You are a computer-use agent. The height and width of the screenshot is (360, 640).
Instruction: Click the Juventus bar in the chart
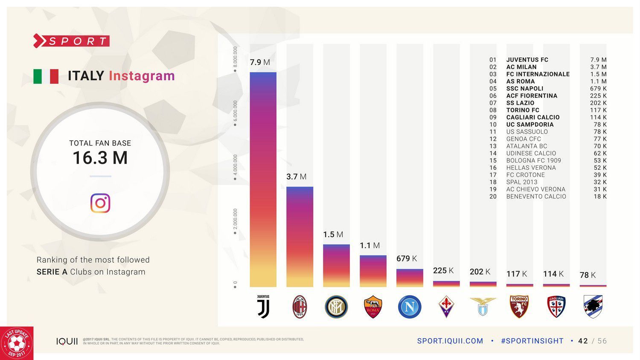click(263, 179)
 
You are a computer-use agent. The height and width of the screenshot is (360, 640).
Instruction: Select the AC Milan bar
click(300, 237)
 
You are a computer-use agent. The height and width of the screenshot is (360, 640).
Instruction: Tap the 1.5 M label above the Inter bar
click(333, 235)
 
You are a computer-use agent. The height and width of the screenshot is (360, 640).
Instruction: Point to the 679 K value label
click(406, 258)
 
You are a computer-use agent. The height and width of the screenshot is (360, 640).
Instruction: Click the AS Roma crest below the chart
click(373, 307)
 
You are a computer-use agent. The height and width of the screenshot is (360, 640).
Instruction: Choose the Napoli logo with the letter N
click(410, 307)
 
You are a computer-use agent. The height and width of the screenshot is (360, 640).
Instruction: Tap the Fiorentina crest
click(446, 307)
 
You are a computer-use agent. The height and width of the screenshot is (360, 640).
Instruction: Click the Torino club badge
click(519, 307)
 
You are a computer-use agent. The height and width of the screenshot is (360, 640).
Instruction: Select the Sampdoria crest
click(593, 307)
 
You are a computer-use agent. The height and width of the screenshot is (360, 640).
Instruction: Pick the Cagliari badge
click(556, 307)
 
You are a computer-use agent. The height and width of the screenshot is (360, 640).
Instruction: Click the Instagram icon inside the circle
click(100, 203)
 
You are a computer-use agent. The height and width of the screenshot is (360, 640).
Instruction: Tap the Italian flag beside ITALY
click(46, 76)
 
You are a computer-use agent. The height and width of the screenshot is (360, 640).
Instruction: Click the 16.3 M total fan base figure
click(100, 158)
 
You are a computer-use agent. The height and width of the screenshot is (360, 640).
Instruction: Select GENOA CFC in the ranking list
click(524, 139)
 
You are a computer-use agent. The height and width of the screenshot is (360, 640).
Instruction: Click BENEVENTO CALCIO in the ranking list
click(536, 197)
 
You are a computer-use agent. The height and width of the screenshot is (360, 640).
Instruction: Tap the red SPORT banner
click(72, 41)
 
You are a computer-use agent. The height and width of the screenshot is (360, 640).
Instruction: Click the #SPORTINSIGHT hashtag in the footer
click(532, 341)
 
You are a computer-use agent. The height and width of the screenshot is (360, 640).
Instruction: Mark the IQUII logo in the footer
click(67, 341)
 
